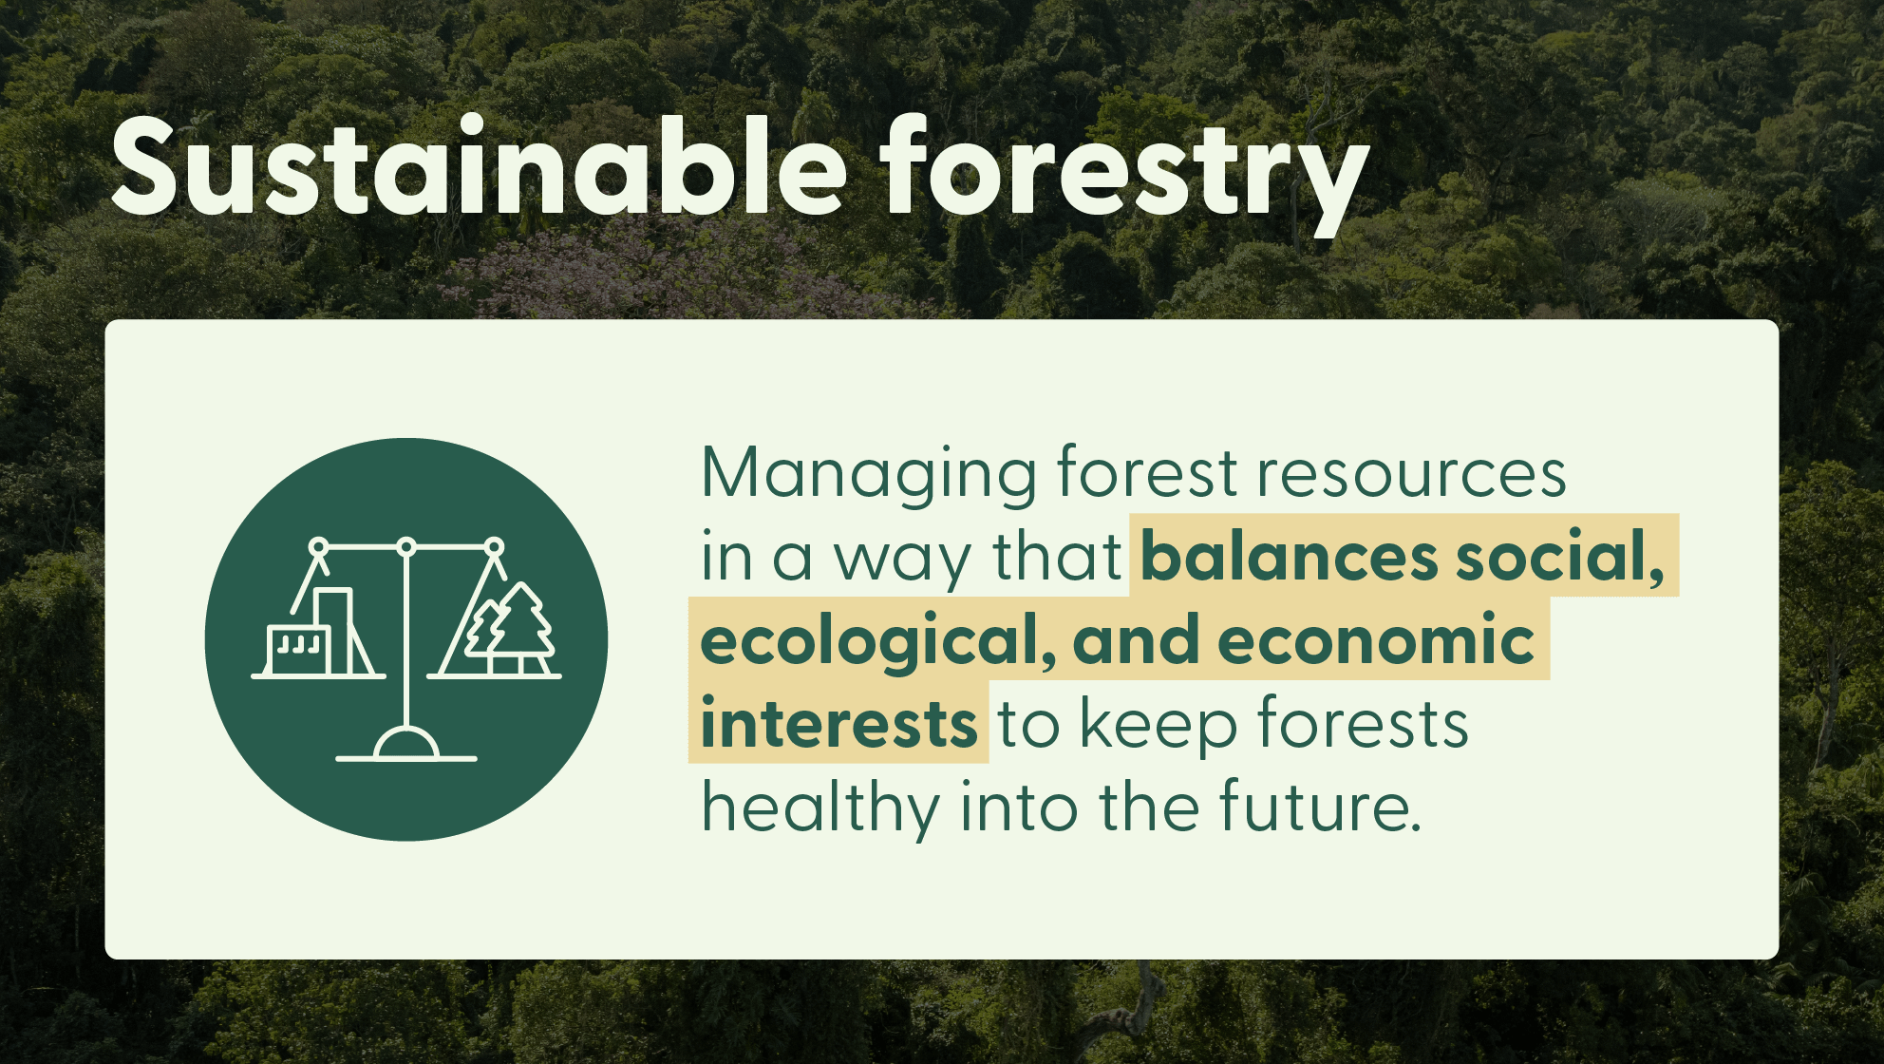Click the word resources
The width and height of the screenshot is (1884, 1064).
[1411, 473]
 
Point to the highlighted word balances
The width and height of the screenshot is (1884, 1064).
[1289, 557]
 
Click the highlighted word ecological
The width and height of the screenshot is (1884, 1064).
[876, 640]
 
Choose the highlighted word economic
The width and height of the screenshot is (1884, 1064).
[1376, 640]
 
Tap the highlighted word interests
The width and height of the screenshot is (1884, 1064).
[838, 724]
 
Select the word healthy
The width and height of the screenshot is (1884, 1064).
[820, 807]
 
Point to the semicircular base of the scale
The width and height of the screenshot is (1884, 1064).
[406, 745]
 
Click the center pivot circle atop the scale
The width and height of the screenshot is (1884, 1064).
[406, 546]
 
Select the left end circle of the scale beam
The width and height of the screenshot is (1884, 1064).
[319, 546]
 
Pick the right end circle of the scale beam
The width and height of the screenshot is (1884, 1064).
[494, 546]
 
